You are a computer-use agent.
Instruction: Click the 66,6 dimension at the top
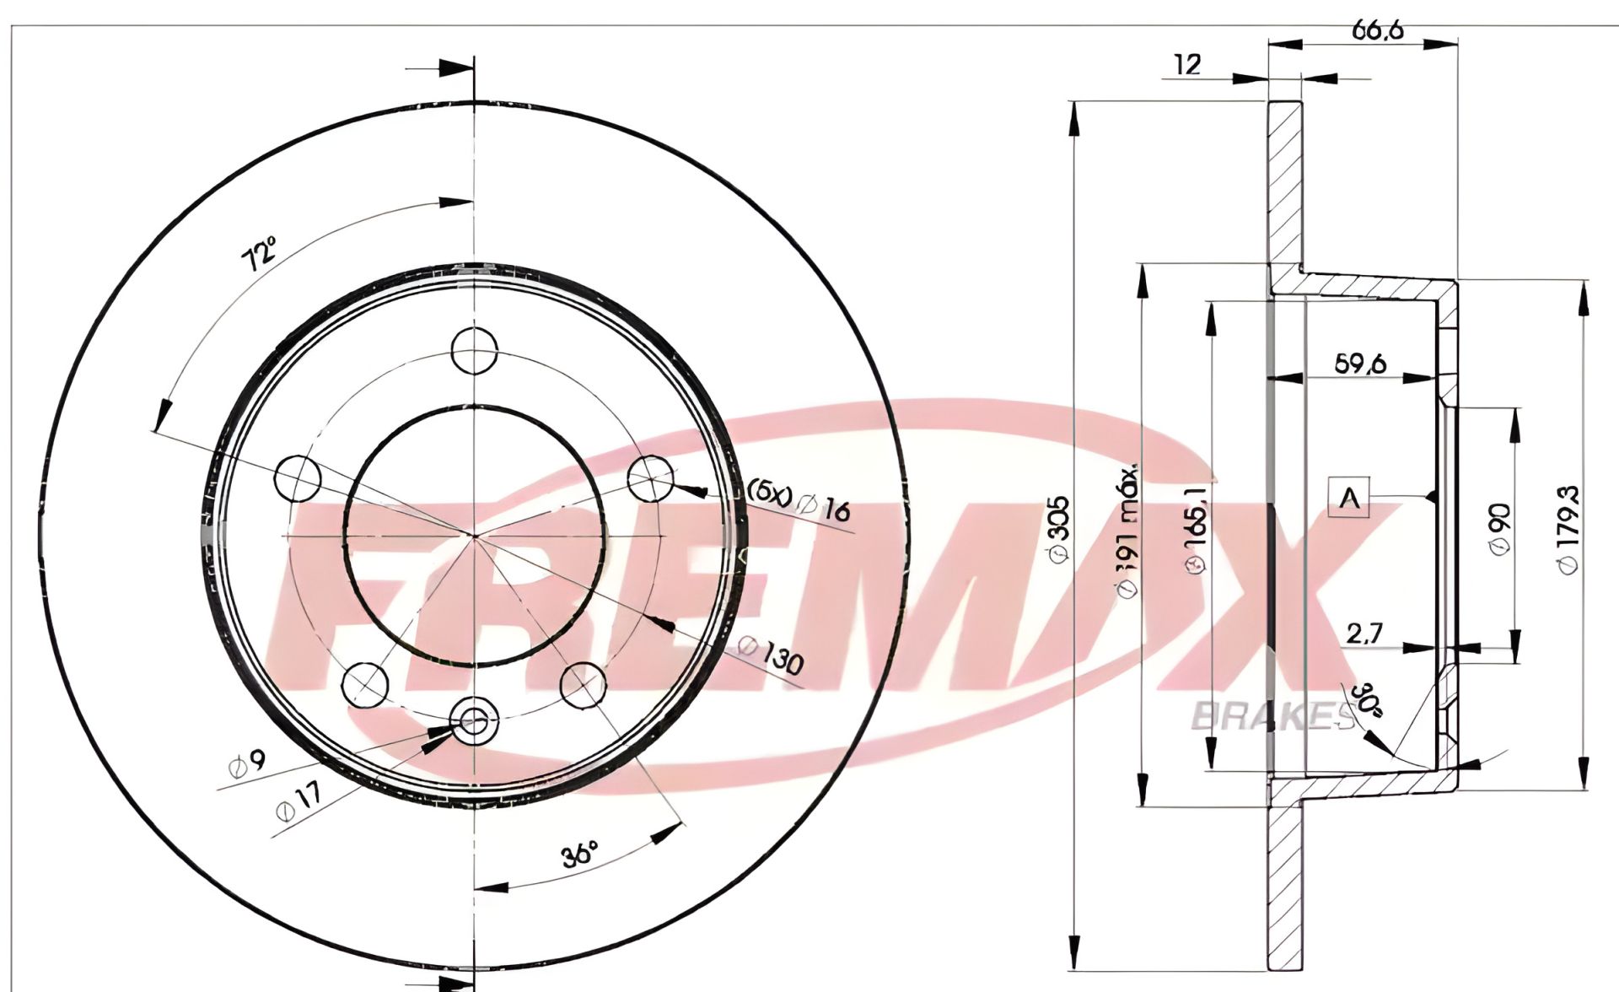[1377, 31]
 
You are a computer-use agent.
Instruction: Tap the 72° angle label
[260, 253]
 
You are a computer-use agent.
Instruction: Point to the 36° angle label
[580, 854]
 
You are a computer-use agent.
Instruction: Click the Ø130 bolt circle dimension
[771, 655]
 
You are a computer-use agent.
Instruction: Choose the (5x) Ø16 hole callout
[799, 502]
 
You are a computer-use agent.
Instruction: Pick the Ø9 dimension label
[247, 764]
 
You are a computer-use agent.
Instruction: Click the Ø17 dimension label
[299, 801]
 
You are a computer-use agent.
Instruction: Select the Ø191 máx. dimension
[1128, 531]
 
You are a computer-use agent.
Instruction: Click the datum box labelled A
[1349, 498]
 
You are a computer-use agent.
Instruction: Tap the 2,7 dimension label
[1364, 633]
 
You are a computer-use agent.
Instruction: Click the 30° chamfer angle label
[1367, 698]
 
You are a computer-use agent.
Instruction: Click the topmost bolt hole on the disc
[474, 350]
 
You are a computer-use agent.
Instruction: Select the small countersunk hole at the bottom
[475, 720]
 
